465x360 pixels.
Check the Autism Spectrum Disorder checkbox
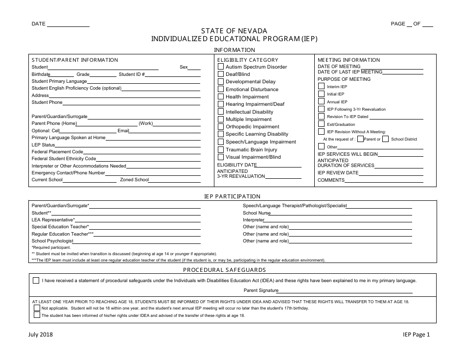coord(221,66)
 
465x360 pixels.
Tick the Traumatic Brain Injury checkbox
coord(221,149)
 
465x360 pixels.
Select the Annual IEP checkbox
coord(321,101)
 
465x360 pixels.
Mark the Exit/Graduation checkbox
coord(321,124)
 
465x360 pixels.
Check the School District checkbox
coord(386,139)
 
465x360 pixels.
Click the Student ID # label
coord(132,74)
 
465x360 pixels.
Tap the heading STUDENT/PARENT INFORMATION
coord(75,60)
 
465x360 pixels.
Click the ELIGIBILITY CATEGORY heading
coord(244,60)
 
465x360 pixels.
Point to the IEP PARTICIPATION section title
coord(232,196)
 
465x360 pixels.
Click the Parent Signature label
coord(261,290)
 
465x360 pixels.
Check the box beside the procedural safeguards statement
coord(36,281)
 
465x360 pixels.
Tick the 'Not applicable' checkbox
coord(37,308)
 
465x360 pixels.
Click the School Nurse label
coord(256,213)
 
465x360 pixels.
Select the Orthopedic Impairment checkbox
coord(221,126)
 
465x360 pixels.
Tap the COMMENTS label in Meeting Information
coord(331,180)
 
